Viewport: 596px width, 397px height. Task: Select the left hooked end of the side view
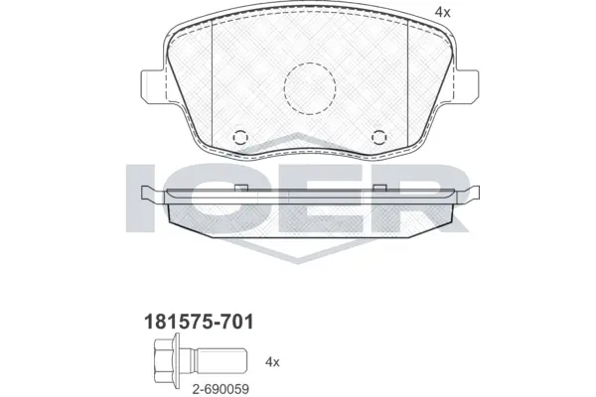(x=148, y=194)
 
